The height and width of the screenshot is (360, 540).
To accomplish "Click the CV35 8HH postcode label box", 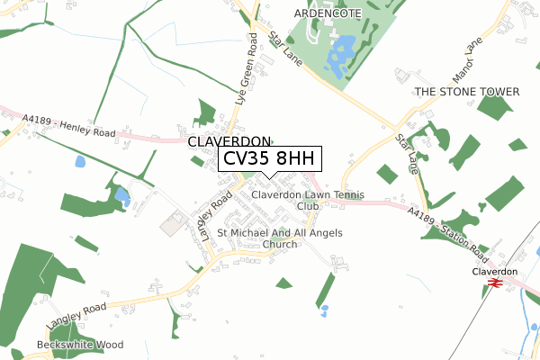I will tap(269, 158).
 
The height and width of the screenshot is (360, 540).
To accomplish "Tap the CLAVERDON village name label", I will tap(229, 142).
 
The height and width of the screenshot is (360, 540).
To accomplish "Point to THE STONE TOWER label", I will tap(467, 93).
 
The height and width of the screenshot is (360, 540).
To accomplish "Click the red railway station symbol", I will tap(493, 283).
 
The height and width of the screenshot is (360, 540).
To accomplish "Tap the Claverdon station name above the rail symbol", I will tap(495, 271).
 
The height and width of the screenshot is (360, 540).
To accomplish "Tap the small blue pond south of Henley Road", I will tap(80, 162).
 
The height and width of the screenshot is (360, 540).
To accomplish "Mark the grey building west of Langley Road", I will tap(174, 223).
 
